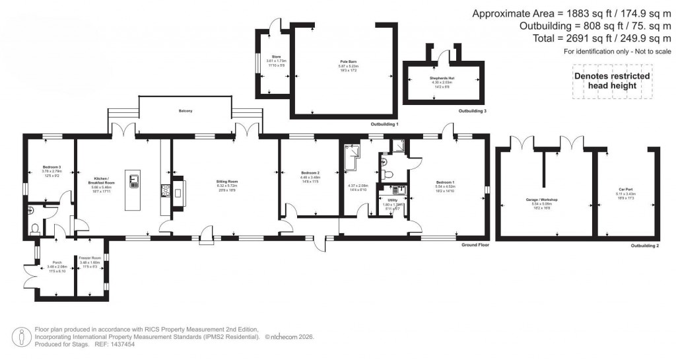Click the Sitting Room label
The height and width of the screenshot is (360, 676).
227,181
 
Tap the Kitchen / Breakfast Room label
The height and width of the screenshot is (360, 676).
102,182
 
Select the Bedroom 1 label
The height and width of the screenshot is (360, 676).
445,182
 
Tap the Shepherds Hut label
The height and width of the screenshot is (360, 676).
434,78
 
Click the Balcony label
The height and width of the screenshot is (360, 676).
185,111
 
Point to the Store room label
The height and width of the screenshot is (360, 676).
275,57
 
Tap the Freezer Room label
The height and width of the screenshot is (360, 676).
89,258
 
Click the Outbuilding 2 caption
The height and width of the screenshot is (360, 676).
644,245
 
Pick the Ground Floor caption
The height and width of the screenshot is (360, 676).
475,244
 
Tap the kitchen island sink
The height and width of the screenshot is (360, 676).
134,180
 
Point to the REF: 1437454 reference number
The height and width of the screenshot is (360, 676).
112,343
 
